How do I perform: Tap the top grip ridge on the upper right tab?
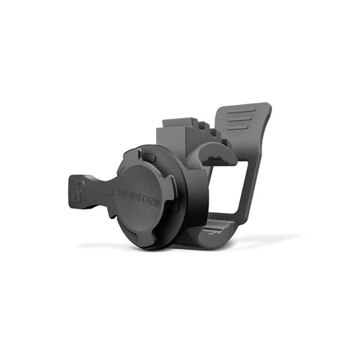click(239, 113)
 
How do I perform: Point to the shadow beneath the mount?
click(247, 244)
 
